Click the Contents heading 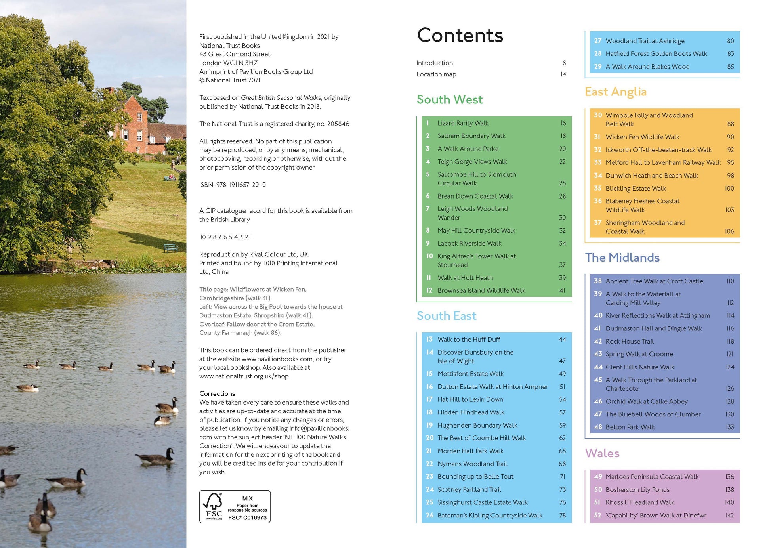(x=460, y=36)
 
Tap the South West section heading (x=449, y=99)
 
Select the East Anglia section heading (x=615, y=92)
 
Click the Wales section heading (x=602, y=453)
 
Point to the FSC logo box (x=235, y=506)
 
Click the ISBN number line (x=233, y=185)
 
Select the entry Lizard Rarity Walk (x=463, y=123)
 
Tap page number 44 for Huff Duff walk (x=562, y=339)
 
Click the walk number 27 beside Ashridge (x=597, y=41)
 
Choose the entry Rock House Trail (x=629, y=341)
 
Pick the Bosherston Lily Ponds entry (x=637, y=490)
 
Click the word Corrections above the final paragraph (x=217, y=393)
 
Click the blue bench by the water (x=171, y=248)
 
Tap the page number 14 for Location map (x=563, y=74)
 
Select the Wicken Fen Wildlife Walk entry (x=642, y=137)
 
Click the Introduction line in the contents (x=434, y=63)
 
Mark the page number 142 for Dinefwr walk (x=729, y=515)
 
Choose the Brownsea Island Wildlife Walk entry (x=481, y=290)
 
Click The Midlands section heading (x=622, y=258)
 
